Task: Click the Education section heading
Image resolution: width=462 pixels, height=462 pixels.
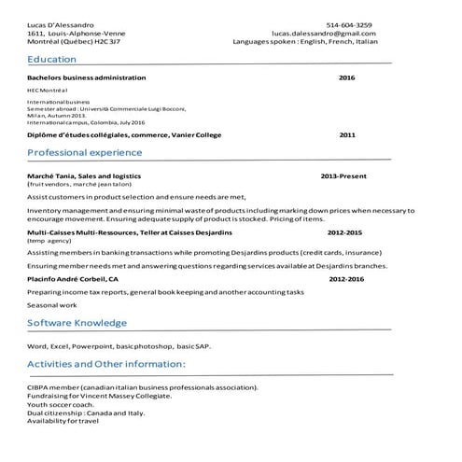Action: point(51,59)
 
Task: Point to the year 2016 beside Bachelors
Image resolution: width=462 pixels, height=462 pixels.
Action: point(346,77)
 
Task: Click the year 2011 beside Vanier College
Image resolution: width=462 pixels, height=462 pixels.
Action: point(346,134)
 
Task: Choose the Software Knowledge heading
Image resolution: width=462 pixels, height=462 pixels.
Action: point(77,323)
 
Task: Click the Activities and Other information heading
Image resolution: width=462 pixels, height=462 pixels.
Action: point(105,363)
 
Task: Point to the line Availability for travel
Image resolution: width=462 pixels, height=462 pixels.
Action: point(63,421)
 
